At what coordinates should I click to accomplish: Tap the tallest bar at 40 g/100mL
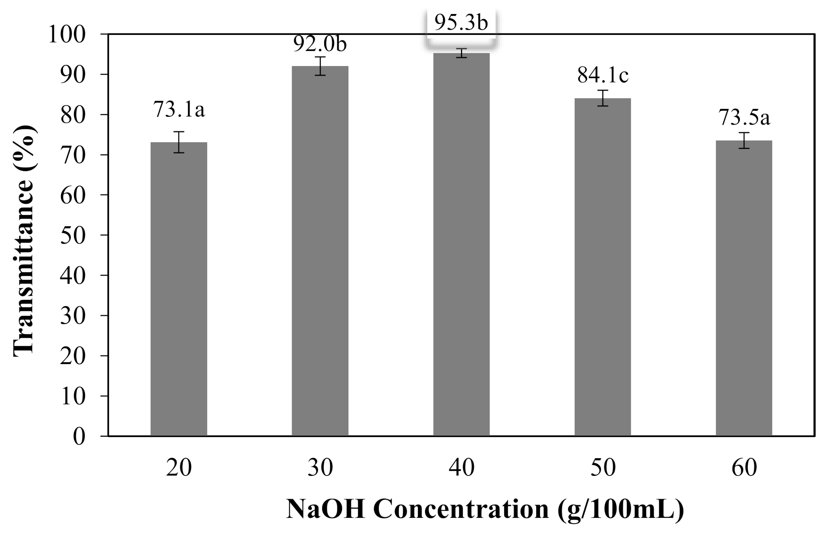(x=461, y=244)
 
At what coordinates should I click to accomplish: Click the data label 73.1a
(x=179, y=109)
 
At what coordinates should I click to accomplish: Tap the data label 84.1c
(x=603, y=76)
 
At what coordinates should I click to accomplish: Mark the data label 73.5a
(x=744, y=118)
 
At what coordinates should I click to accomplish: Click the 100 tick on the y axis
(x=67, y=35)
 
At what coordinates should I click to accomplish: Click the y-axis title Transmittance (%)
(x=24, y=241)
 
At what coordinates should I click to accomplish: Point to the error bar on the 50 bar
(x=603, y=98)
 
